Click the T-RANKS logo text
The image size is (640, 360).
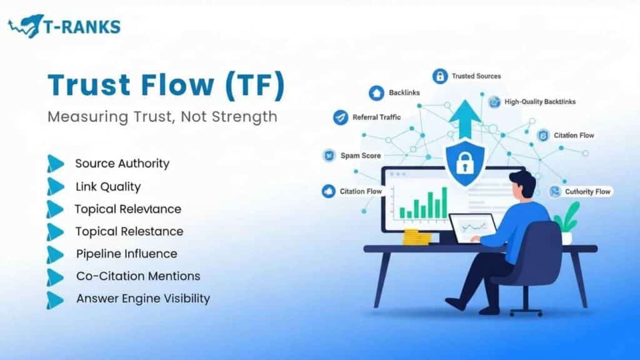82,26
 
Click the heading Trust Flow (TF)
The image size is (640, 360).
166,86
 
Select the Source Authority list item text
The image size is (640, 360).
122,164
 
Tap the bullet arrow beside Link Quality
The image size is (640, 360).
55,186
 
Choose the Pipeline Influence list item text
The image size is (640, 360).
126,254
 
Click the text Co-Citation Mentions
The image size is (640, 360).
138,276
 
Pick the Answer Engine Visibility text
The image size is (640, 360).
142,299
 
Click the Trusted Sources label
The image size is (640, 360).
476,76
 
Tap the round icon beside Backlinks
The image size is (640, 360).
376,93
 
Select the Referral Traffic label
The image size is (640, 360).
376,117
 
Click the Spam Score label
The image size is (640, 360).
360,156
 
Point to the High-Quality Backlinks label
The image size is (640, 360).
540,101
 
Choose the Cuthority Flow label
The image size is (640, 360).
587,191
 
